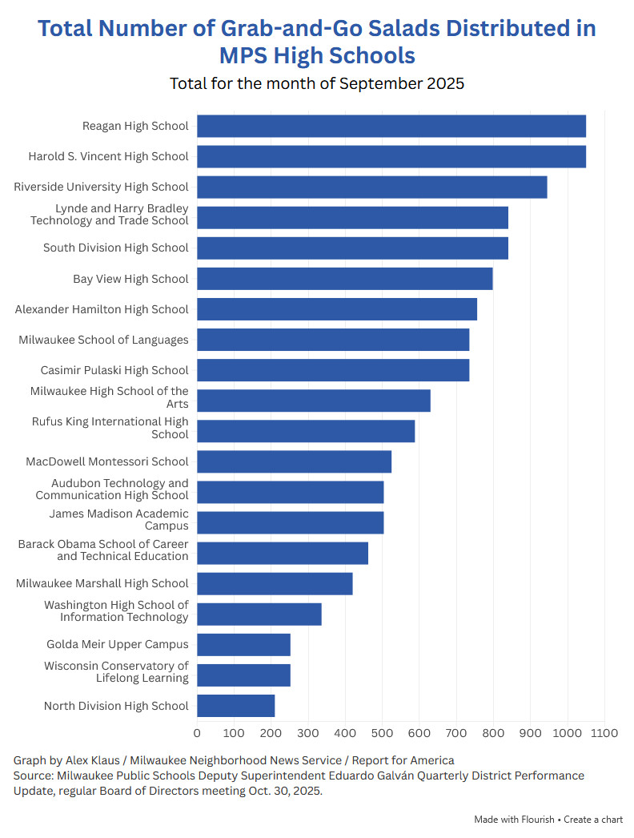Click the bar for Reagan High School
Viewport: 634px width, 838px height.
(391, 126)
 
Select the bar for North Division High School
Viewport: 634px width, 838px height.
(235, 706)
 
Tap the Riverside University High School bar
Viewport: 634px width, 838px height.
(371, 187)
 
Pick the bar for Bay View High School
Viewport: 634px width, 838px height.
(344, 279)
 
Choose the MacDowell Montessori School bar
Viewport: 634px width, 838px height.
(294, 461)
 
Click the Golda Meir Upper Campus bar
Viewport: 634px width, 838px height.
(243, 645)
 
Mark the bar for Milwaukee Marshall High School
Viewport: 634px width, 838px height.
(275, 583)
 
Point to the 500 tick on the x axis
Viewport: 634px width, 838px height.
(383, 732)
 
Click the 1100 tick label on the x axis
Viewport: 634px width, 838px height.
(604, 732)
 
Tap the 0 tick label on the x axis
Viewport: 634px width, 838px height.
(197, 732)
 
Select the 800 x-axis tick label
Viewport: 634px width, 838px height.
(493, 732)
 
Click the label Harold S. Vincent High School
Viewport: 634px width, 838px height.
(109, 156)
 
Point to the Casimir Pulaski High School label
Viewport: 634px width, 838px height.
(114, 370)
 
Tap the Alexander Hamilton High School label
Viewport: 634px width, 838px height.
(102, 309)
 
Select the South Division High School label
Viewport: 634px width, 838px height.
(116, 248)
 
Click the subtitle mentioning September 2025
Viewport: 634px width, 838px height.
(317, 83)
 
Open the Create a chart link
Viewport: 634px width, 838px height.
(593, 820)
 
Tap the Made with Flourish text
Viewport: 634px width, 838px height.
(516, 820)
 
